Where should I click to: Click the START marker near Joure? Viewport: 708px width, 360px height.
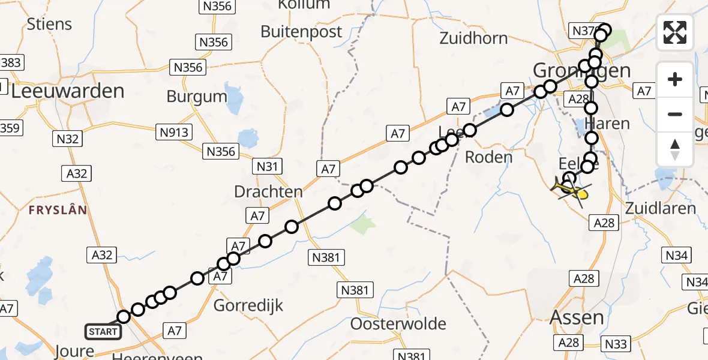103,331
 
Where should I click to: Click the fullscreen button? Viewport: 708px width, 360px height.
675,32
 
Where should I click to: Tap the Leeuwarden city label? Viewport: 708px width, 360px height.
67,91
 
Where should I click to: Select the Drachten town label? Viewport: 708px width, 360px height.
268,192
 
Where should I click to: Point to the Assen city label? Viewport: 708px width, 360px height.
577,316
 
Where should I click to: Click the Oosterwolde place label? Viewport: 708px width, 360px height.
398,324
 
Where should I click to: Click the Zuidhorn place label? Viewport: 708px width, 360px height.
473,38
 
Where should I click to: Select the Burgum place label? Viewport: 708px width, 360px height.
197,96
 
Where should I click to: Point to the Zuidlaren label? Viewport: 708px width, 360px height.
660,208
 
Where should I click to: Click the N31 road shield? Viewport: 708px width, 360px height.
268,166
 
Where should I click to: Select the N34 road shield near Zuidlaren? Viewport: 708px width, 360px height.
676,256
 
